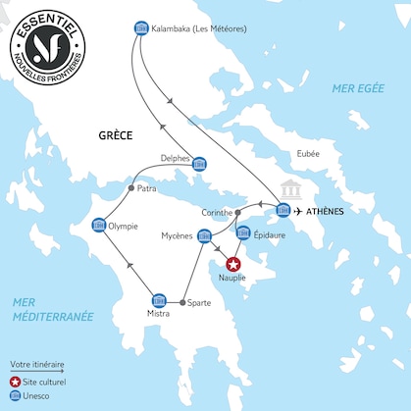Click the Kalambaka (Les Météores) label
click(x=199, y=28)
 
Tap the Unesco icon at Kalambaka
click(x=139, y=27)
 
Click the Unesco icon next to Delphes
click(x=199, y=164)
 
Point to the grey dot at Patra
click(x=131, y=187)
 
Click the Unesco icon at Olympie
click(x=98, y=226)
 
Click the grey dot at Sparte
click(x=184, y=300)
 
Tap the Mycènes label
click(x=178, y=236)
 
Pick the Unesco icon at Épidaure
click(x=243, y=233)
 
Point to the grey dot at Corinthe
click(x=238, y=212)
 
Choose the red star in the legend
click(x=15, y=380)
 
